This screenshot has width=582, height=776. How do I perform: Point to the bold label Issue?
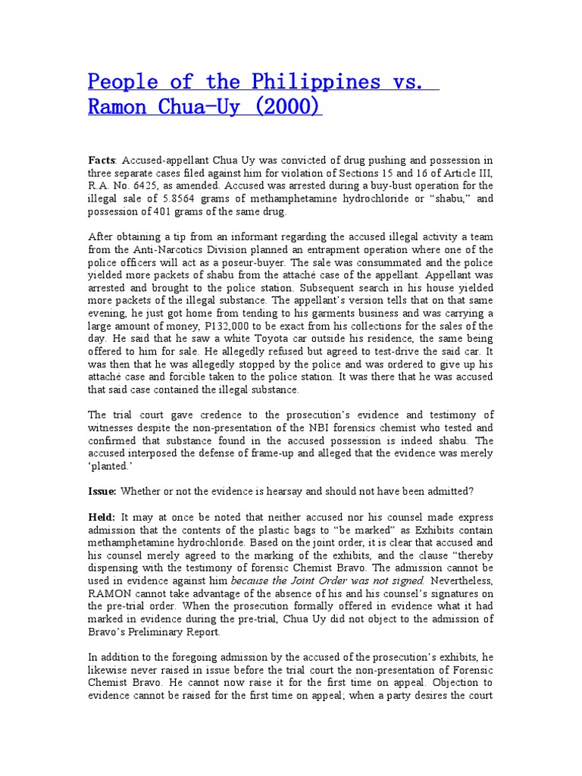(x=102, y=491)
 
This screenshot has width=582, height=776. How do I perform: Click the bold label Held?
(x=102, y=517)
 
